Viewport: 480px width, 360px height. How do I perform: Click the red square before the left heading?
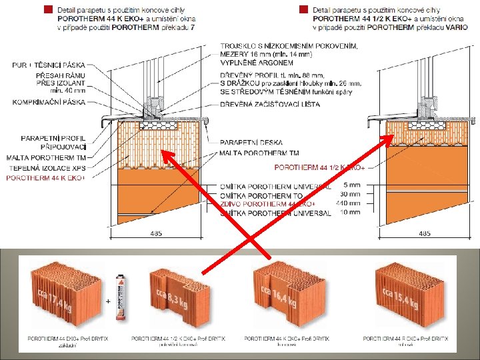coord(47,9)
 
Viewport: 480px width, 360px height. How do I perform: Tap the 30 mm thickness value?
coord(351,194)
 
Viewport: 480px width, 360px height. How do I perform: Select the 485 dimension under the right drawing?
coord(425,233)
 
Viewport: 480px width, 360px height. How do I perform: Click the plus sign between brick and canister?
coord(107,301)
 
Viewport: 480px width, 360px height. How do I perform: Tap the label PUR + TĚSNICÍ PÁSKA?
coord(49,65)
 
